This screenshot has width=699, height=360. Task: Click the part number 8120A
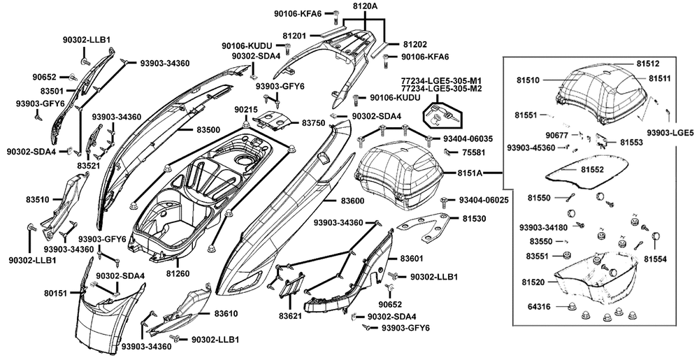coord(365,6)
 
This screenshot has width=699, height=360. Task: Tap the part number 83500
coord(208,130)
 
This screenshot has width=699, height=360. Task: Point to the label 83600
coord(352,201)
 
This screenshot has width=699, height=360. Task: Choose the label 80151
coord(55,294)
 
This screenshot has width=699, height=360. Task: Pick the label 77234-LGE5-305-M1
coord(441,80)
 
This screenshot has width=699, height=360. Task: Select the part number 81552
coord(593,169)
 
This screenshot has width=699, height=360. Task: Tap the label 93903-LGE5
coord(670,133)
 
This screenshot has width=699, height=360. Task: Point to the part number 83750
coord(314,122)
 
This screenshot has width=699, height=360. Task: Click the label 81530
coord(473,219)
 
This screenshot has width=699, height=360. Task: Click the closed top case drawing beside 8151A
coord(398,175)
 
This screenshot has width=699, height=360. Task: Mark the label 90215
coord(245,110)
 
